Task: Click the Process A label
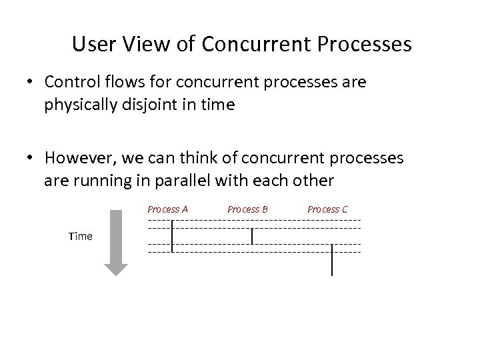167,209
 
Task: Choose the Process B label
247,209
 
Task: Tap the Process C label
327,209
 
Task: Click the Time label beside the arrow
80,237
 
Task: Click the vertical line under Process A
172,236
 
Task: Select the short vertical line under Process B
252,236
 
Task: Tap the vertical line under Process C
332,260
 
